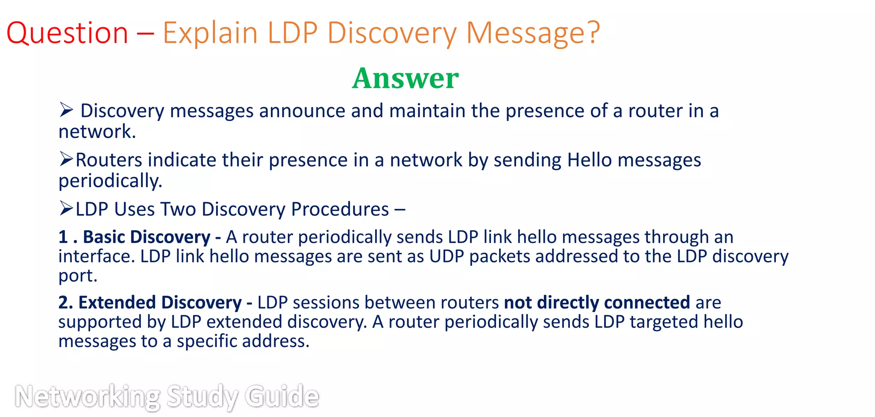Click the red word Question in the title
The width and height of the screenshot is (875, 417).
coord(67,33)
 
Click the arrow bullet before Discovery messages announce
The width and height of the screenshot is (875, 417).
coord(66,110)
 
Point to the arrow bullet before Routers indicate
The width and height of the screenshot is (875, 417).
coord(66,159)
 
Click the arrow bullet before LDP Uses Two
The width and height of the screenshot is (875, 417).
coord(66,208)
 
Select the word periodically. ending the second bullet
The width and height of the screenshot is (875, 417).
coord(110,181)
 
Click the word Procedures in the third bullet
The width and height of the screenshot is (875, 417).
coord(340,209)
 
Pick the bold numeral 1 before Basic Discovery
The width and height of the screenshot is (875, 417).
coord(63,237)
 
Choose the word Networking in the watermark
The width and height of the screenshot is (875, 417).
coord(88,396)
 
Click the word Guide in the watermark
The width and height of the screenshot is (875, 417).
coord(282,396)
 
